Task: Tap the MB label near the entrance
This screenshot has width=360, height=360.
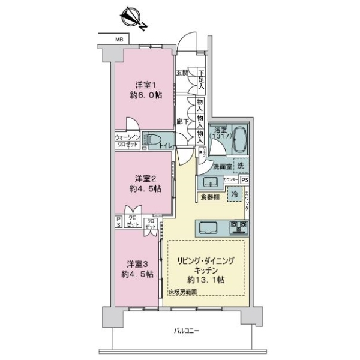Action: pyautogui.click(x=119, y=40)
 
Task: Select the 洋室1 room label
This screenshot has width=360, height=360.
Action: pyautogui.click(x=145, y=85)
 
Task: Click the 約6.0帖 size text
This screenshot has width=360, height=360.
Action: pyautogui.click(x=145, y=95)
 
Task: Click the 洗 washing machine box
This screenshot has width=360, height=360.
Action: pyautogui.click(x=239, y=166)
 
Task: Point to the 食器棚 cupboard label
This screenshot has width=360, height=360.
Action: pyautogui.click(x=210, y=196)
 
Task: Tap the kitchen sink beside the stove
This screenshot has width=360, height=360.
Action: pyautogui.click(x=208, y=227)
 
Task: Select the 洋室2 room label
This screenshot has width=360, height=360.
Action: pyautogui.click(x=145, y=178)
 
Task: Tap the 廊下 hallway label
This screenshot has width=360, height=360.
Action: pyautogui.click(x=182, y=121)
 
